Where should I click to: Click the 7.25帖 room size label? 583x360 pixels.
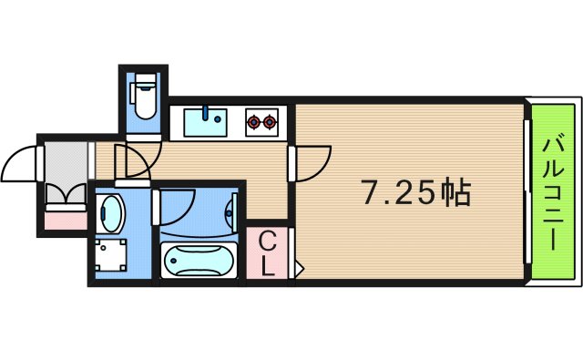415,191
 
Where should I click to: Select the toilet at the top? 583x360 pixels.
144,98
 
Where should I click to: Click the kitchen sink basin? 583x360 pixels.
206,122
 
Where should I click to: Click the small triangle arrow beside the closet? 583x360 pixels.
298,269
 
